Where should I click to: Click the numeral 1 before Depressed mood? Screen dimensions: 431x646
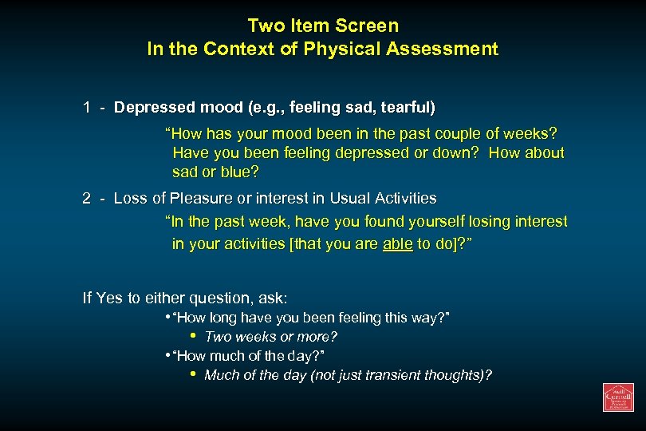pos(86,107)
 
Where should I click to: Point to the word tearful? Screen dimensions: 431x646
pos(405,107)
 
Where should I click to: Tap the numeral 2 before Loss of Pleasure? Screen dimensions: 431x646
pos(86,198)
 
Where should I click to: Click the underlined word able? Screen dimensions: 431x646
pos(397,243)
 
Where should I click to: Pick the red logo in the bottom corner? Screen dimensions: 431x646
pos(617,397)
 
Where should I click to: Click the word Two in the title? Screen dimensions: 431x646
pos(266,26)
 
